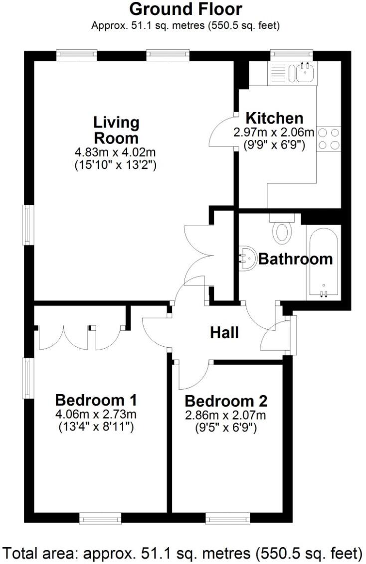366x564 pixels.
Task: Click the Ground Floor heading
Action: tap(185, 9)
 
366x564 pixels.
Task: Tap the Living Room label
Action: tap(116, 130)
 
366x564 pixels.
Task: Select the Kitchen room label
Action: tap(274, 118)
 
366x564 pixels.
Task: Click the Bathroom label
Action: tap(295, 259)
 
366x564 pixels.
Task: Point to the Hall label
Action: tap(224, 332)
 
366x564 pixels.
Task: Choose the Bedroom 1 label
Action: tap(96, 400)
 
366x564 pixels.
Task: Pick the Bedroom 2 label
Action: tap(226, 401)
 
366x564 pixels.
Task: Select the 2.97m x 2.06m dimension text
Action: tap(274, 133)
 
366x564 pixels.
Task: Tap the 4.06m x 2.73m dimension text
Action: tap(96, 414)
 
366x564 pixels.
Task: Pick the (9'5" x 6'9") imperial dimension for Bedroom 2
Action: tap(226, 427)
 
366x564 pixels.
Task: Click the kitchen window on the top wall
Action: tap(291, 53)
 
